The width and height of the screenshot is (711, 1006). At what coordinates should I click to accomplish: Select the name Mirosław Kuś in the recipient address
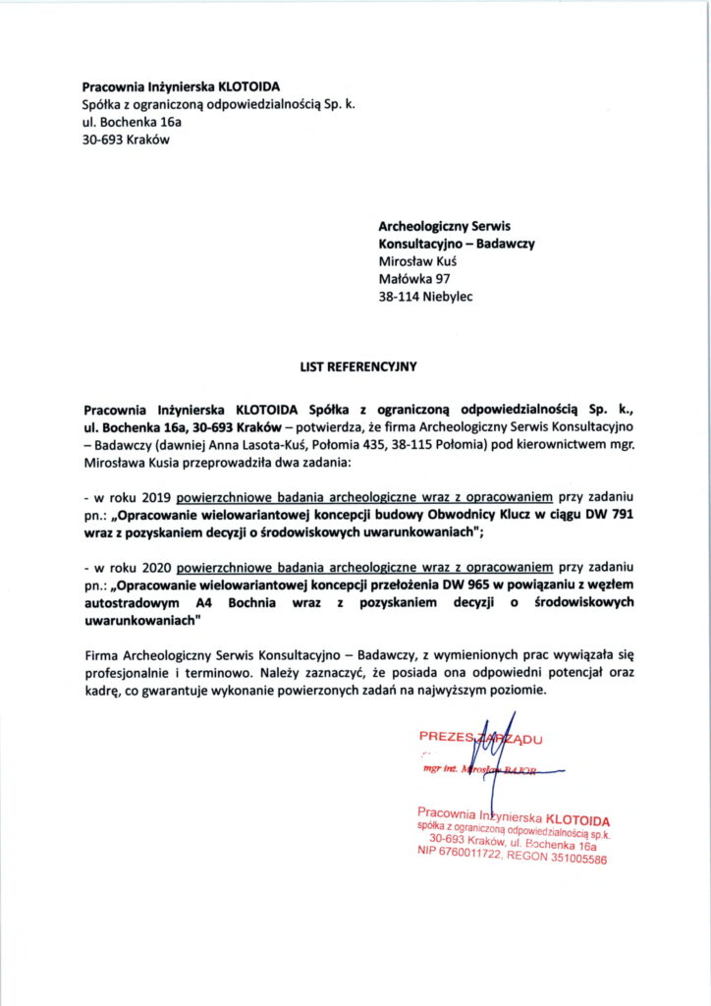418,261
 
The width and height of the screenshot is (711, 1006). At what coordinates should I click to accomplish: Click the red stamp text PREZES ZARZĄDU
480,736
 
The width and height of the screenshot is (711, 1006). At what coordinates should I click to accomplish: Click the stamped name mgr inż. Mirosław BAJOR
480,772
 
